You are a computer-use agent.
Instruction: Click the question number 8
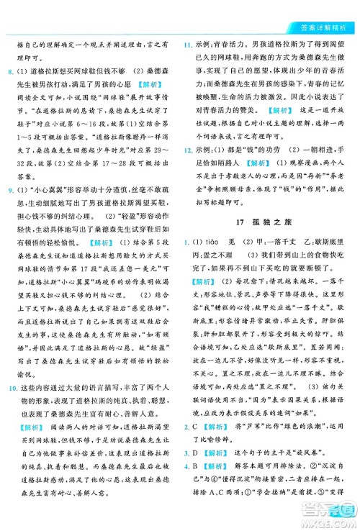pyautogui.click(x=9, y=73)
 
